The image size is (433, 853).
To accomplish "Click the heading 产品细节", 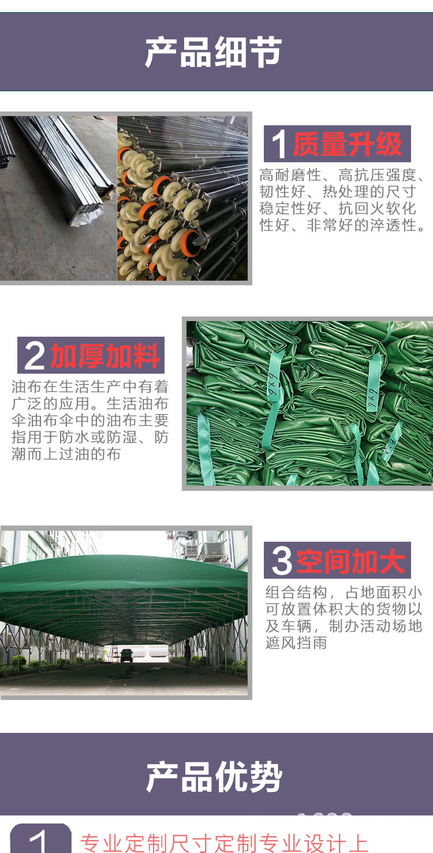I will click(214, 53).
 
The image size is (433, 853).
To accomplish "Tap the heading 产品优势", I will click(214, 777).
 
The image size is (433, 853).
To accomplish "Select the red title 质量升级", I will click(347, 144).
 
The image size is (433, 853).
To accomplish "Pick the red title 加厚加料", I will click(105, 356).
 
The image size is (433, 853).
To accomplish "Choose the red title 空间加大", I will click(351, 561).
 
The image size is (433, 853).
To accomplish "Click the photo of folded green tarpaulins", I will click(309, 403).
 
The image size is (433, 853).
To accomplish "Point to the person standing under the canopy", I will click(188, 655).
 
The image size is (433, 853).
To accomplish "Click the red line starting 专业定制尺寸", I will click(224, 843).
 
